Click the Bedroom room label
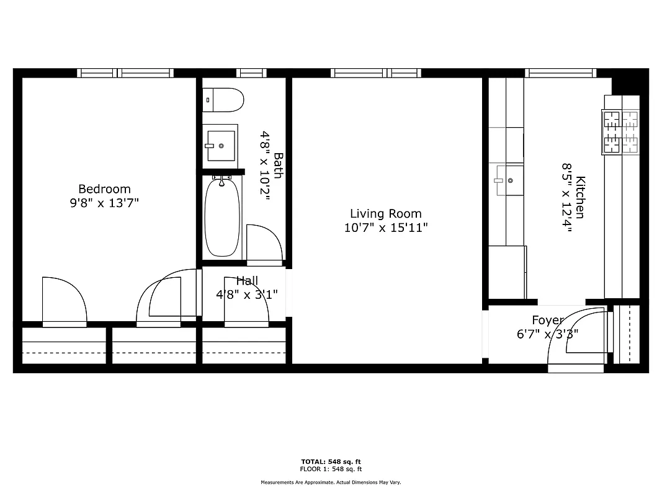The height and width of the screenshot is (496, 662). (104, 189)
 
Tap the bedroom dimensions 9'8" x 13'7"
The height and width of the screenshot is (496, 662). (104, 203)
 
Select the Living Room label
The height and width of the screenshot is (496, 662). (385, 214)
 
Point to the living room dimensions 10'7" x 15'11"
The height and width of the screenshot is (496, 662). (385, 228)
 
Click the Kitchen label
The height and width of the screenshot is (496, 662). (580, 197)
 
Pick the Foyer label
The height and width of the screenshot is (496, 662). (547, 320)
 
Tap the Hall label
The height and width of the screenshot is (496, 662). (246, 281)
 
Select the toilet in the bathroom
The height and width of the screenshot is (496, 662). (223, 99)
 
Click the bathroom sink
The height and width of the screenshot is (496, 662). (220, 146)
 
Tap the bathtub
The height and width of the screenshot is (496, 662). (222, 217)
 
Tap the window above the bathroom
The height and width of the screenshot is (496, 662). (251, 73)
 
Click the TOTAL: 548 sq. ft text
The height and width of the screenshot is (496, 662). (331, 461)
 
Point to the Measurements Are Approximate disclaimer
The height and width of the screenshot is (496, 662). (331, 482)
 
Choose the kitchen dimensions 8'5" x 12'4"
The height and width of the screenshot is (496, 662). (566, 197)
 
